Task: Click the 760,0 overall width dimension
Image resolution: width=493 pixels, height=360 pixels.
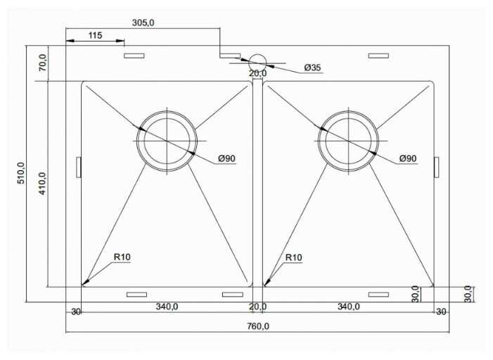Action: coord(258,326)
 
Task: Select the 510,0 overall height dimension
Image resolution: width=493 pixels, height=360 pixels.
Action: coord(21,173)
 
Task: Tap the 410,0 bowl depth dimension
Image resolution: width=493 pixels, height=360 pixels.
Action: coord(42,184)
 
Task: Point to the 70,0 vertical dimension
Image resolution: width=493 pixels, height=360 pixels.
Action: coord(42,63)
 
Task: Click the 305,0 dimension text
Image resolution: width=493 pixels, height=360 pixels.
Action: coord(143,22)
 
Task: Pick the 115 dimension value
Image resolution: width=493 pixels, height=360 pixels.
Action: coord(95,35)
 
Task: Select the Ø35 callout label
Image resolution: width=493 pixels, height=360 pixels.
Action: coord(312,67)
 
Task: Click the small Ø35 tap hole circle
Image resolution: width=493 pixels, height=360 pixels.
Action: coord(257,63)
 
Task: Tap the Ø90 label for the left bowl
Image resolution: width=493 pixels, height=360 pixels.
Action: coord(226,158)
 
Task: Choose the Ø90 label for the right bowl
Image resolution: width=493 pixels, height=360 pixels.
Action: coord(408,158)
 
